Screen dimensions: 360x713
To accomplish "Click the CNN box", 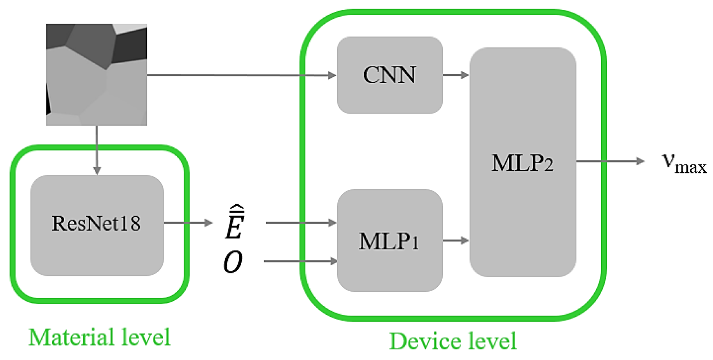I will coord(390,75).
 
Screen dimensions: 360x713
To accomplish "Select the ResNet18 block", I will coord(97,225).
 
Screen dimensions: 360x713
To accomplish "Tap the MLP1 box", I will coord(390,241).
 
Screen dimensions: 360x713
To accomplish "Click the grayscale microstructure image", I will coord(97,74).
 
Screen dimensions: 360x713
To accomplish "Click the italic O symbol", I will coord(233,262).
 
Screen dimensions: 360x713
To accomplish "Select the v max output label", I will coord(683,163).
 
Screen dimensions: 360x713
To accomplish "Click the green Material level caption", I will coord(99,338).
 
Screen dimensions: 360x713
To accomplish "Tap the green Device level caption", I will coord(453,341).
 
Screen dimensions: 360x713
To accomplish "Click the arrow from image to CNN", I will coord(241,75).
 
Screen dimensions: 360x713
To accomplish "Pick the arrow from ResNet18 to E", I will coord(188,223).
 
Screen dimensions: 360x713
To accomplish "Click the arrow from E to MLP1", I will coord(301,223).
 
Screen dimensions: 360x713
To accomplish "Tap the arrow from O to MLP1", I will coord(301,261).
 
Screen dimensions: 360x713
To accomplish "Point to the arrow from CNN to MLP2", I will coord(455,75).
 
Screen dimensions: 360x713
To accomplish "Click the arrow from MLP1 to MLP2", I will coord(455,240).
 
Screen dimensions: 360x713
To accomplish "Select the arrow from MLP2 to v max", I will coord(610,162).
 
